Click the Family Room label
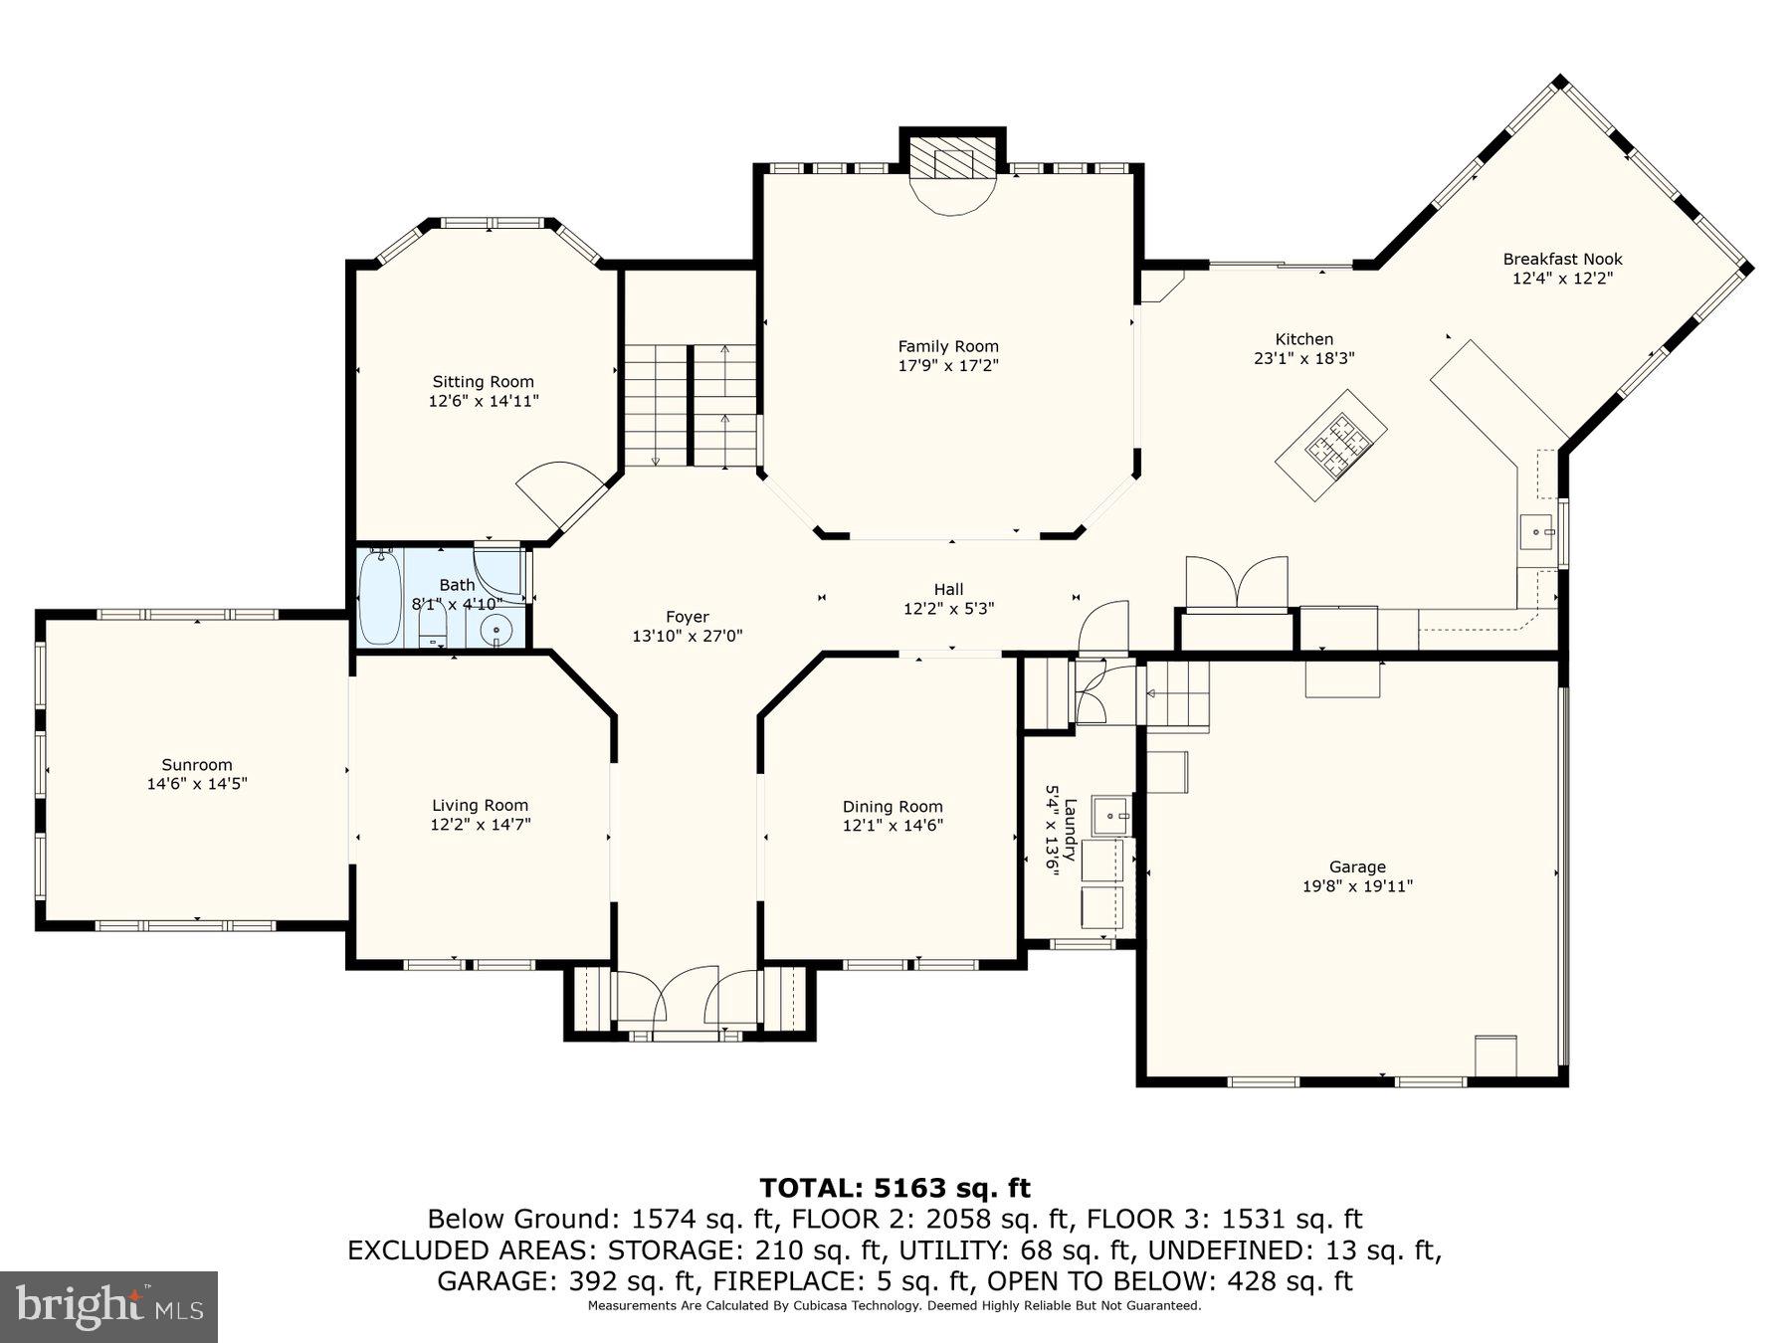click(x=947, y=346)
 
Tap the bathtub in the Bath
click(x=380, y=596)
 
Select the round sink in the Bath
click(x=495, y=629)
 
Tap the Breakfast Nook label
click(x=1562, y=260)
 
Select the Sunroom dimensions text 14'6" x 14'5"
click(x=196, y=784)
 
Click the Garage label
click(x=1357, y=867)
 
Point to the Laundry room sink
click(x=1111, y=816)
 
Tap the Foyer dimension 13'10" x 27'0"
click(x=687, y=637)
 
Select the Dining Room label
click(x=892, y=807)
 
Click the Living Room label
click(x=480, y=806)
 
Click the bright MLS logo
click(x=108, y=1306)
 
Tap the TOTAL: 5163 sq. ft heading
click(x=895, y=1188)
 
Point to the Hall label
click(x=948, y=590)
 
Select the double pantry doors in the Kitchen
click(x=1236, y=582)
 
